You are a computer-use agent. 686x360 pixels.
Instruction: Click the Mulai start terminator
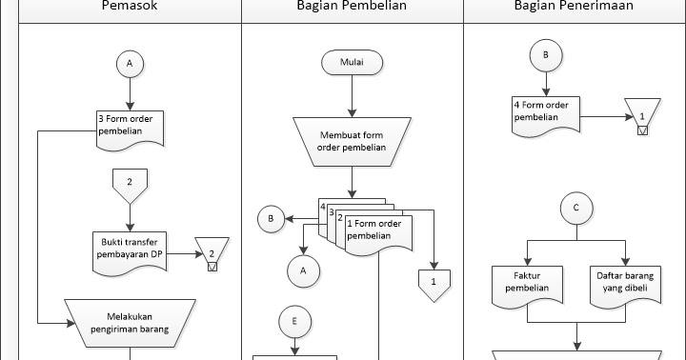pyautogui.click(x=353, y=63)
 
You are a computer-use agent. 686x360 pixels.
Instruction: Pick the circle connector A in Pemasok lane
pyautogui.click(x=129, y=64)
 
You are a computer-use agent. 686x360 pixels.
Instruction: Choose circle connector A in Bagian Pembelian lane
pyautogui.click(x=304, y=270)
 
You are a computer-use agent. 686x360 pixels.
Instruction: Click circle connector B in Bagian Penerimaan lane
pyautogui.click(x=545, y=55)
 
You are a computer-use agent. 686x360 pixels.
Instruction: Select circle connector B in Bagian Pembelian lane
pyautogui.click(x=271, y=220)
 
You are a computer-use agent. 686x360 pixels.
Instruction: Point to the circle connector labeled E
pyautogui.click(x=294, y=321)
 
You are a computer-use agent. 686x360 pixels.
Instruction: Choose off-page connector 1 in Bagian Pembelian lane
pyautogui.click(x=434, y=283)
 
